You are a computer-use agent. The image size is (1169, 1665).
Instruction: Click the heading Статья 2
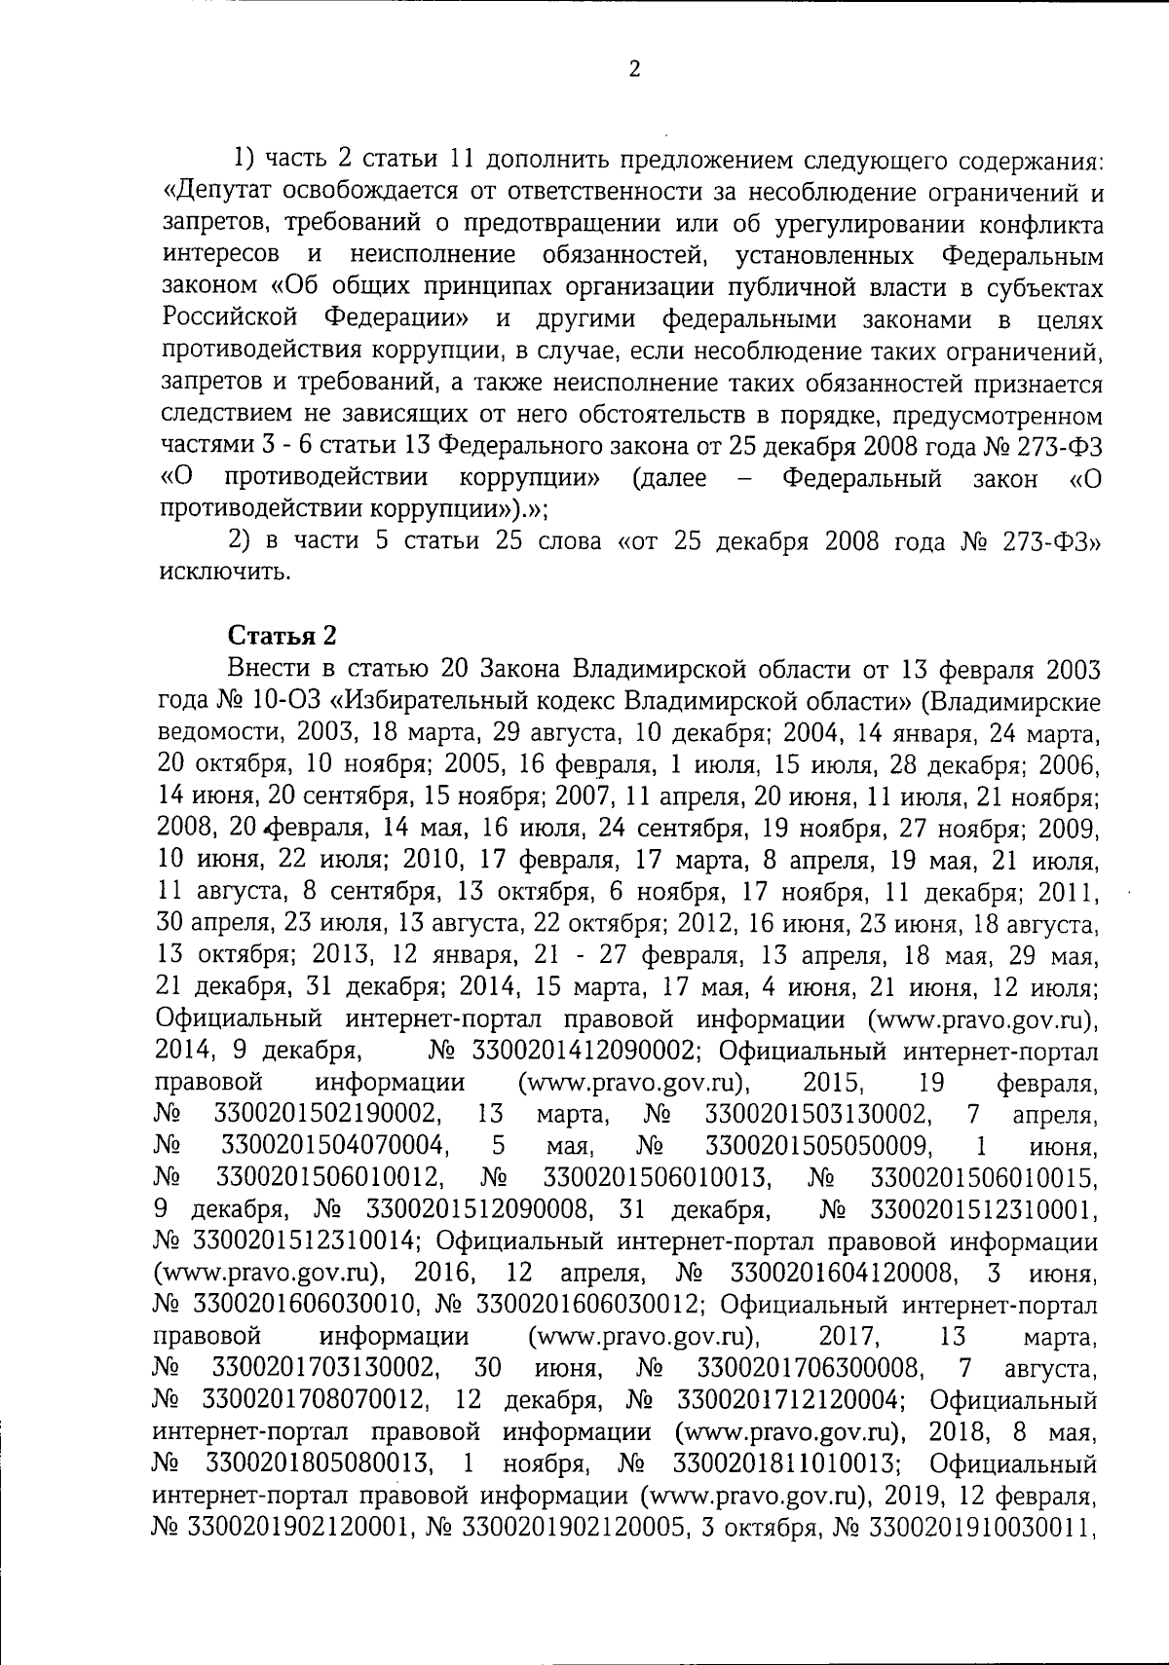click(283, 635)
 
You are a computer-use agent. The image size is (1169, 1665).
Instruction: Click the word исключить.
click(223, 572)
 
